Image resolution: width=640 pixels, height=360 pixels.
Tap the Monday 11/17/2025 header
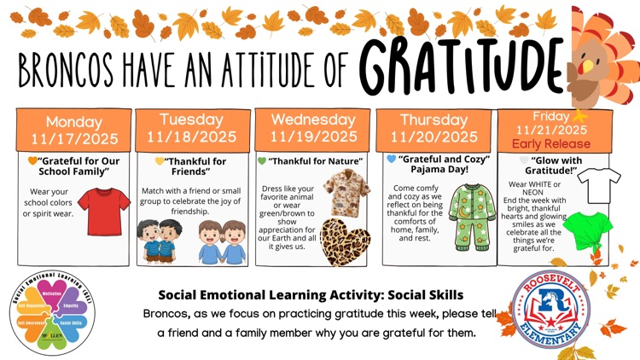[73, 130]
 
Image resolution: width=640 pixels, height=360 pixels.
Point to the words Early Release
[549, 143]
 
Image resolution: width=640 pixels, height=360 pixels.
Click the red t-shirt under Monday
[103, 211]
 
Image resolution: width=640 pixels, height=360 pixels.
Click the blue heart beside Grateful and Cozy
[392, 159]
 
